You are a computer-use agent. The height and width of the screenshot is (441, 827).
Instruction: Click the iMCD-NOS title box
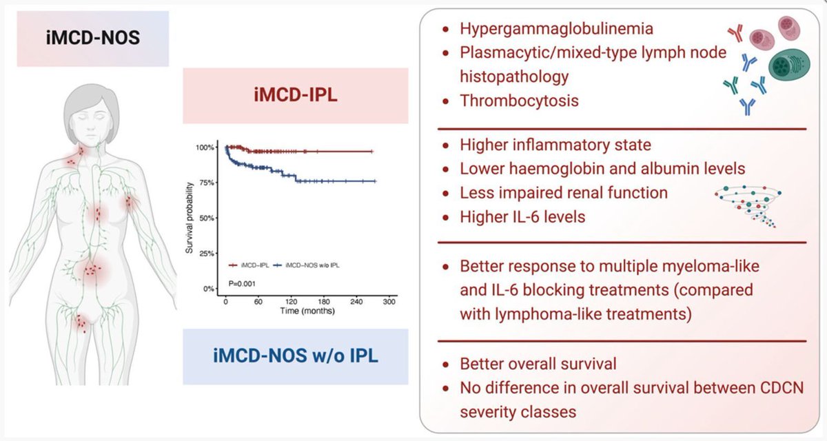coord(92,39)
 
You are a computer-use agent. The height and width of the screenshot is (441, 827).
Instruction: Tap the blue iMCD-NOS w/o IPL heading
coord(296,356)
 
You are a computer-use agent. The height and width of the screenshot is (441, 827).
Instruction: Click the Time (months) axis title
coord(307,311)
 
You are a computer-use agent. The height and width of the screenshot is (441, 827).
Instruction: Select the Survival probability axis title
coord(190,218)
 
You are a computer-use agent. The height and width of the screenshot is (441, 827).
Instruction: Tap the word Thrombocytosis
coord(519,100)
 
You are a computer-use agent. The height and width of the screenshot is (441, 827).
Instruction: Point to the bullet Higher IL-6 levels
coord(522,217)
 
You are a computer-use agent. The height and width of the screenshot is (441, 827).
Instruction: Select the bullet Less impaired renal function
coord(563,193)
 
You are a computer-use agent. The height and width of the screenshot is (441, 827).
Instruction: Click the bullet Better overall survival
coord(538,364)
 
